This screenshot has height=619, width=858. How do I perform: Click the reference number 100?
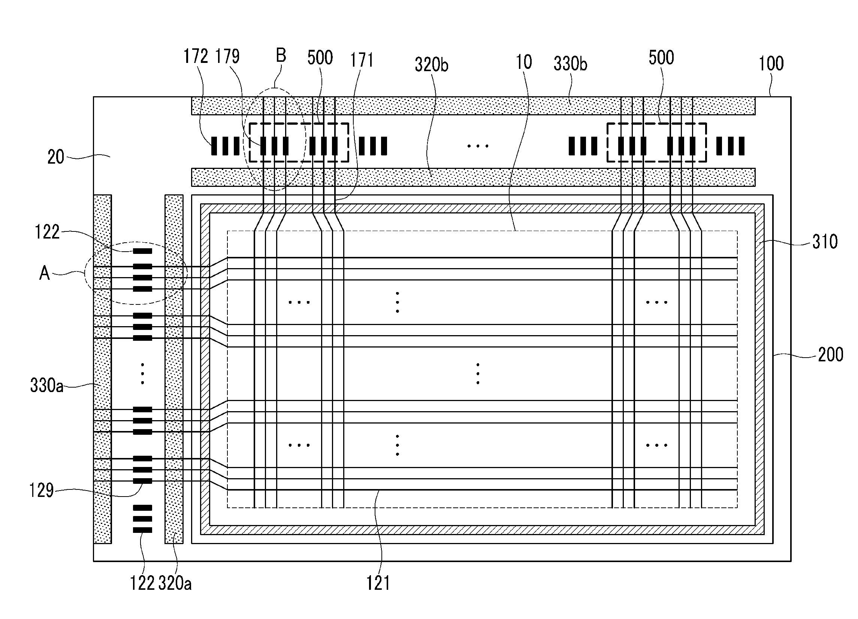tap(771, 64)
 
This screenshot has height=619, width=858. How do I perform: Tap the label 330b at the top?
tap(571, 64)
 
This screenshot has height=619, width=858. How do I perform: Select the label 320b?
tap(432, 64)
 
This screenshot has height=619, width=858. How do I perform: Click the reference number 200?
tap(831, 354)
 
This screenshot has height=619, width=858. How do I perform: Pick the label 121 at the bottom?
tap(378, 583)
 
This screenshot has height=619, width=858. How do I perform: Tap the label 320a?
tap(175, 583)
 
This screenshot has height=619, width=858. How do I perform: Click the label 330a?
tap(46, 385)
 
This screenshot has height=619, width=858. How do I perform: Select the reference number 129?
tap(42, 491)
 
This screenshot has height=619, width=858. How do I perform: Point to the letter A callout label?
tap(45, 272)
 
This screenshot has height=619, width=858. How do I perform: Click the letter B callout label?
tap(281, 55)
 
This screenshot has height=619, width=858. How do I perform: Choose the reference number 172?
tap(196, 56)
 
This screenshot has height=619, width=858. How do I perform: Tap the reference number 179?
tap(227, 56)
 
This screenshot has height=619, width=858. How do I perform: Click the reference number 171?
tap(362, 60)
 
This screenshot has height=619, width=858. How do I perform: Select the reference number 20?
tap(55, 157)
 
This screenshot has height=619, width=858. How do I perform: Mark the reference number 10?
tap(524, 62)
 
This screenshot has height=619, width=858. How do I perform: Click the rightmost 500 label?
tap(661, 57)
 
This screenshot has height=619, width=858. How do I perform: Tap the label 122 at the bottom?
tap(142, 583)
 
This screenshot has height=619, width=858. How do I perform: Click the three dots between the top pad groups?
tap(478, 146)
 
